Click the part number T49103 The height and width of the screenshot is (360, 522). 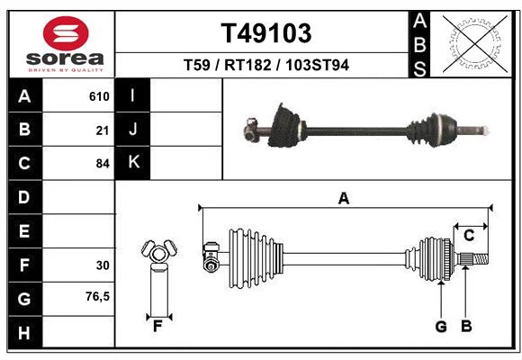pos(266,33)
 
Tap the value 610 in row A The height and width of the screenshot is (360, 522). pos(99,96)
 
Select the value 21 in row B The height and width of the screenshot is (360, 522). pos(103,130)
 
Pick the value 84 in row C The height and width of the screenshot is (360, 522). pos(103,164)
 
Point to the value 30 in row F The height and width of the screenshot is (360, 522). pos(103,265)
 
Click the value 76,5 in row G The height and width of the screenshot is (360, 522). pos(97,296)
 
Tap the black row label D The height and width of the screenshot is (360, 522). pos(23,197)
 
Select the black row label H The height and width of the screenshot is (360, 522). pos(23,333)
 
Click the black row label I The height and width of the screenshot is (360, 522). pos(133,96)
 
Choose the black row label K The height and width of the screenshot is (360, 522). pos(133,163)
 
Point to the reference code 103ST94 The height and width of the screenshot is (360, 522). pos(317,65)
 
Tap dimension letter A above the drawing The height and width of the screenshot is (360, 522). pos(343,199)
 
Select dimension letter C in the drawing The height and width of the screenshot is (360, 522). pos(468,235)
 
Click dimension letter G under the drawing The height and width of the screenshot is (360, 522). pos(441,327)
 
